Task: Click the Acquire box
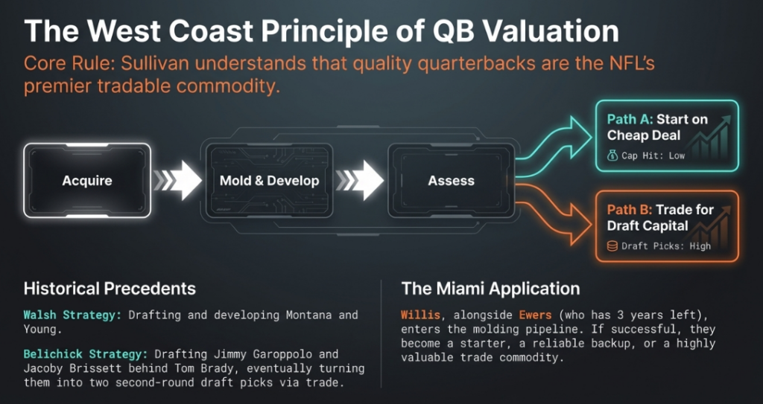tap(87, 180)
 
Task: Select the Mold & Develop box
tap(269, 180)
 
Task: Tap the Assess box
tap(451, 180)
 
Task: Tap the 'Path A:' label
tap(630, 119)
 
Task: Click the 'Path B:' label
tap(630, 210)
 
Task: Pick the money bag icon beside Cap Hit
tap(612, 155)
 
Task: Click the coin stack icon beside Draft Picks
tap(612, 246)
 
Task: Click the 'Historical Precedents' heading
tap(110, 288)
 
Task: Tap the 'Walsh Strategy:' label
tap(72, 315)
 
